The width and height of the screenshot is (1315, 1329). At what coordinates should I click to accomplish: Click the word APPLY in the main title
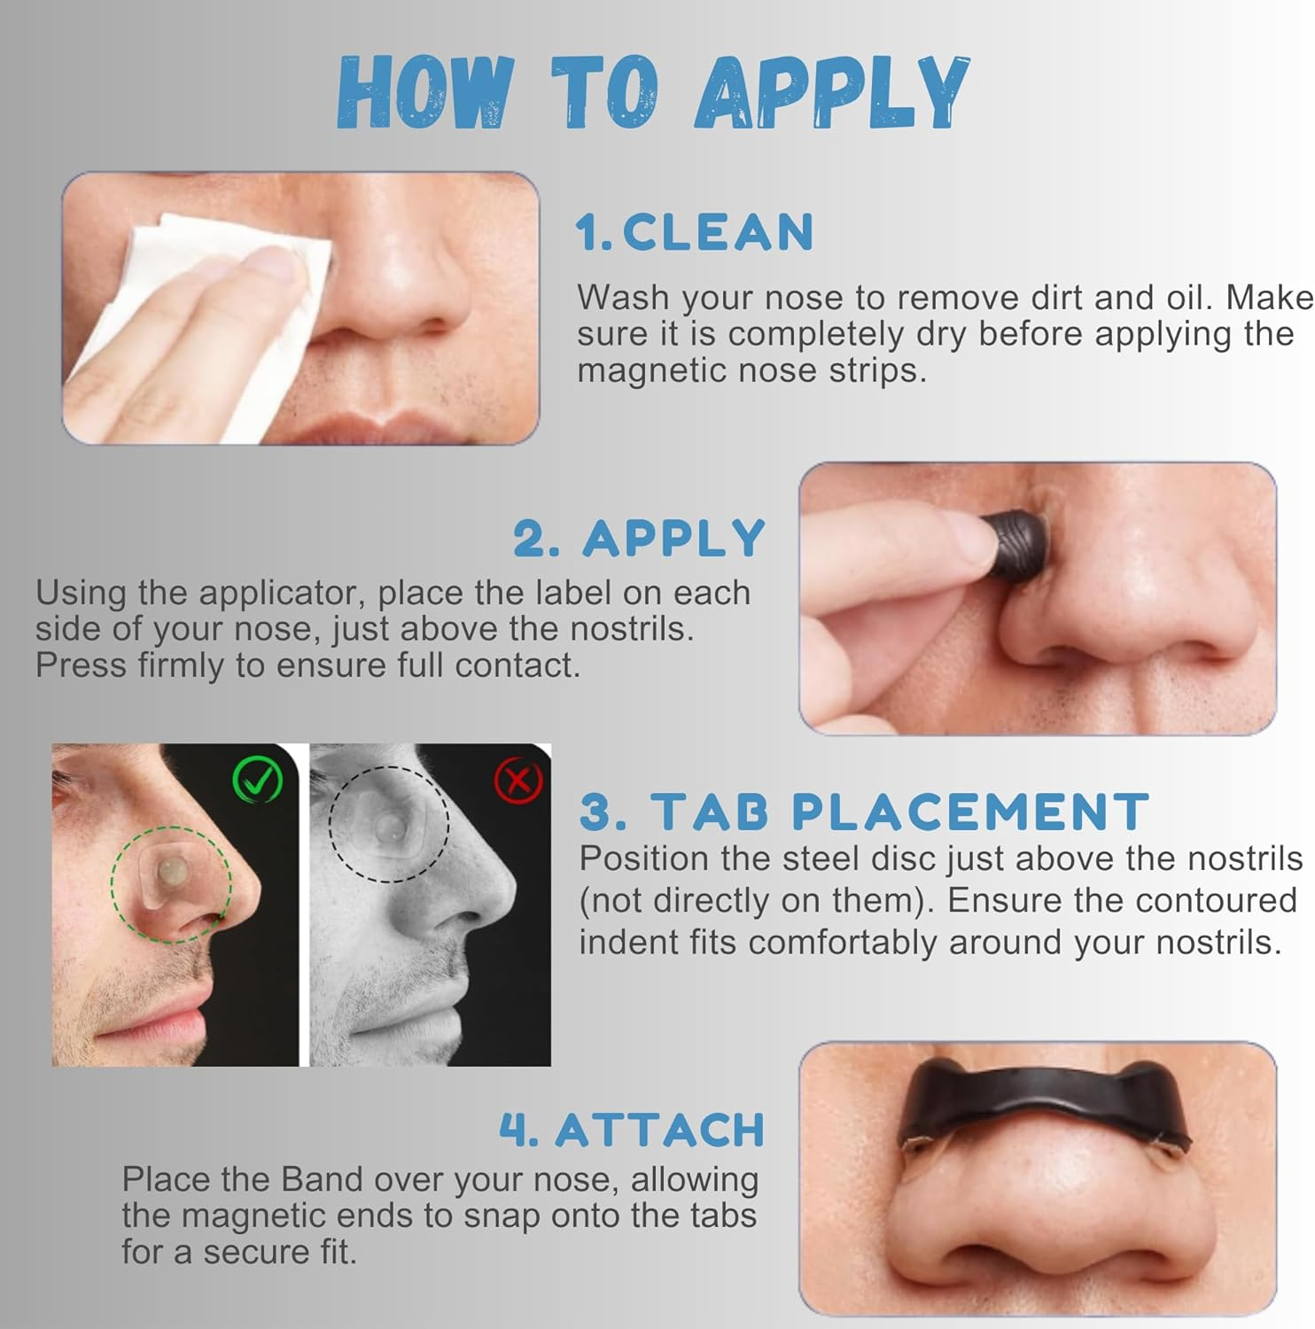pyautogui.click(x=833, y=91)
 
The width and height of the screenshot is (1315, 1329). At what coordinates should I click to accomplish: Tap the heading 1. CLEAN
pyautogui.click(x=694, y=233)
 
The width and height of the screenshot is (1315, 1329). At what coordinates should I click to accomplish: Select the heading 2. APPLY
pyautogui.click(x=639, y=538)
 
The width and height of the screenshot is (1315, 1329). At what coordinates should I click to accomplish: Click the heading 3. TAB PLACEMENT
pyautogui.click(x=864, y=811)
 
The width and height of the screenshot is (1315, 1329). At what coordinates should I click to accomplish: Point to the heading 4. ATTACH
pyautogui.click(x=632, y=1130)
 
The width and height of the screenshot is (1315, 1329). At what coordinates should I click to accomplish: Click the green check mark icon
pyautogui.click(x=257, y=781)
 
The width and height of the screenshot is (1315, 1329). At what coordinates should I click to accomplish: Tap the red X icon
pyautogui.click(x=517, y=781)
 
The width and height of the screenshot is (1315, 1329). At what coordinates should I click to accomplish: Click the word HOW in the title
pyautogui.click(x=425, y=91)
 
